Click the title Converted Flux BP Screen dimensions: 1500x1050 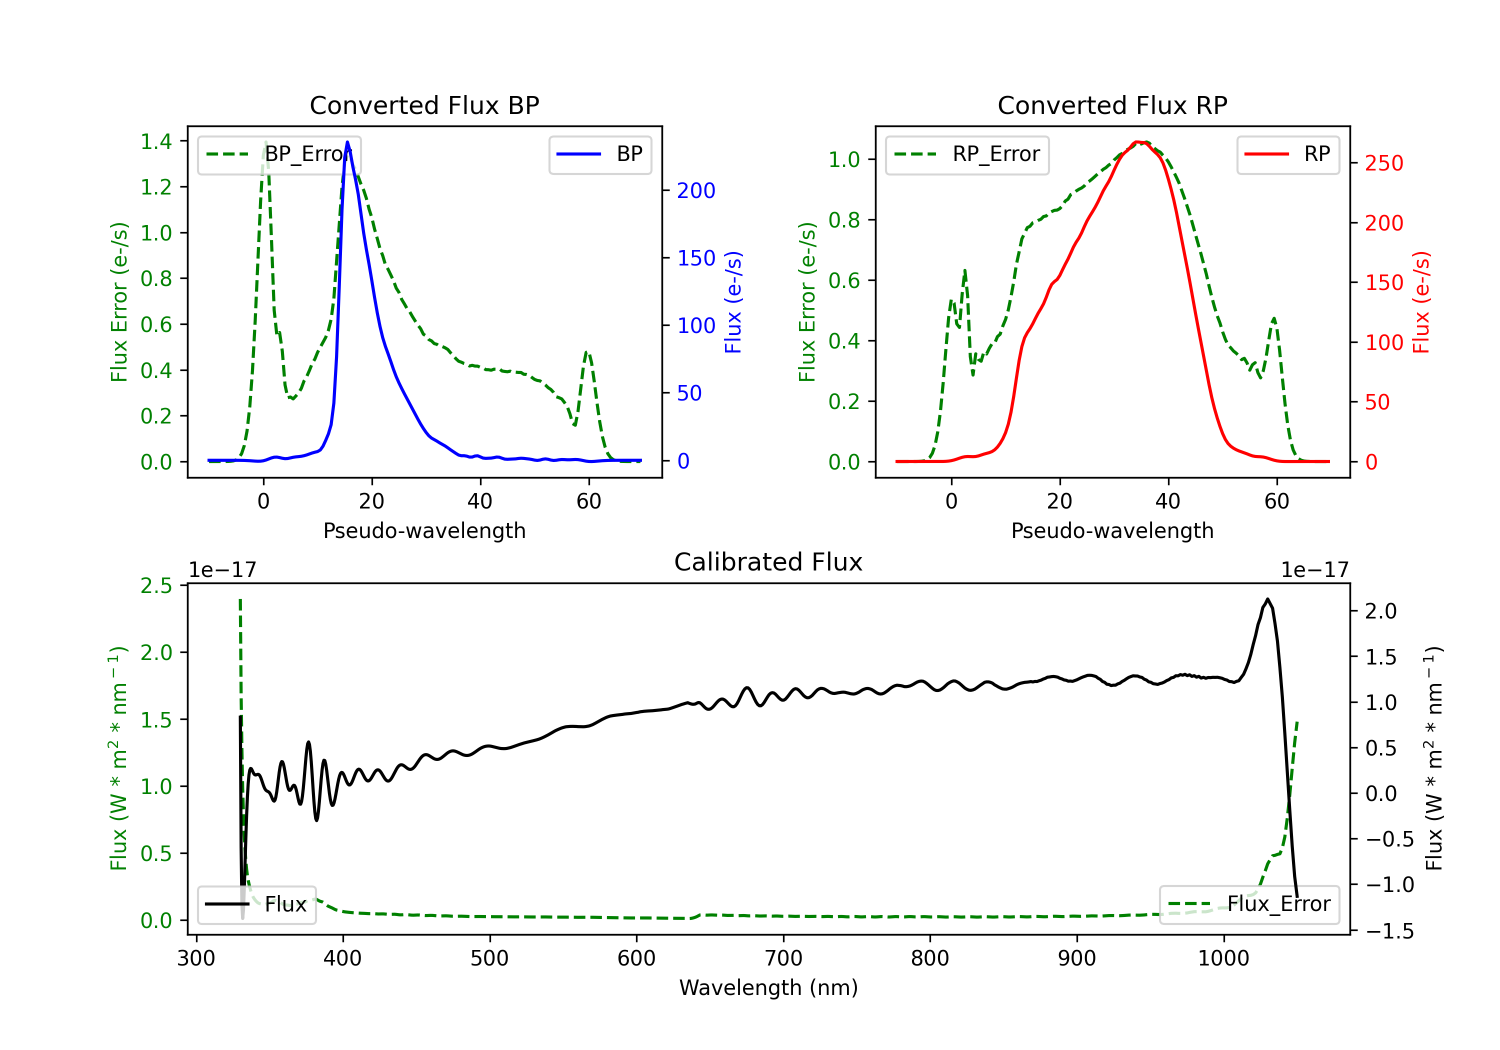pos(424,105)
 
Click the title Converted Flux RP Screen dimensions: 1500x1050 pos(1112,105)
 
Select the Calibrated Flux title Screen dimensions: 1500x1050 pos(768,562)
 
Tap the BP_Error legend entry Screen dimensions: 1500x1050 pos(279,154)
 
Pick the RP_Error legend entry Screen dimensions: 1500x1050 pos(967,154)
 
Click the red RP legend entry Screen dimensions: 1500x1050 pos(1287,154)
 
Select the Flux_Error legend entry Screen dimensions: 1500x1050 pos(1249,904)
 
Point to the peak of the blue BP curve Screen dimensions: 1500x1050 pos(347,142)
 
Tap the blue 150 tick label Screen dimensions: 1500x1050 pos(696,258)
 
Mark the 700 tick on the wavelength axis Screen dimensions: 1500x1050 pos(783,958)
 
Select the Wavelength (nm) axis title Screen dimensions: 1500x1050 pos(768,988)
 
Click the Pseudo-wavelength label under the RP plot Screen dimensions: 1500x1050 pos(1112,530)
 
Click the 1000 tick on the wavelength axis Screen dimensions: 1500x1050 pos(1223,958)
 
